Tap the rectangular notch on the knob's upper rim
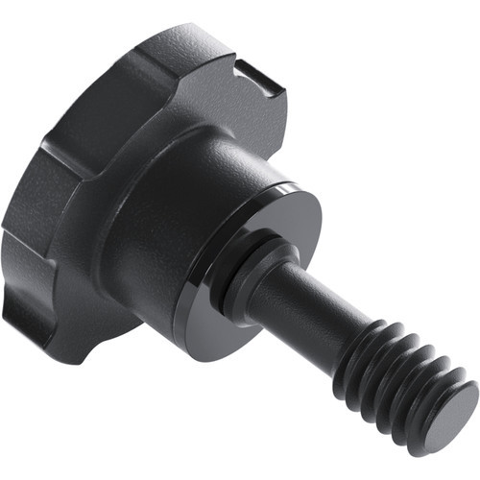click(252, 73)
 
